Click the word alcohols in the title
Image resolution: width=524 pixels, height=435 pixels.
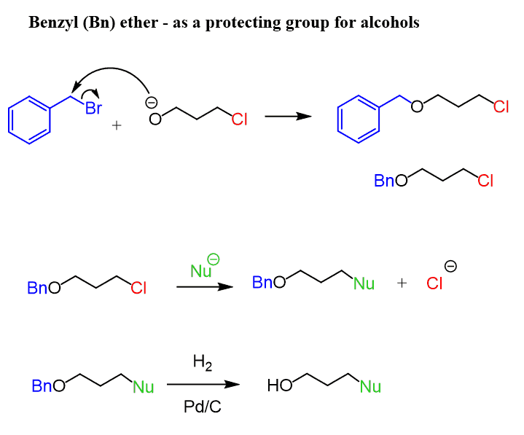391,23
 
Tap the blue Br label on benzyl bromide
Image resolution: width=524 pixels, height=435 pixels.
93,109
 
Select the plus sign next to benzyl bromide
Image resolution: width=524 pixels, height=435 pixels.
117,125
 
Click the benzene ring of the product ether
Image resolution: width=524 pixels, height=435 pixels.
360,119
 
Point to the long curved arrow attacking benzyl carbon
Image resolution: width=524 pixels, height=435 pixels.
109,71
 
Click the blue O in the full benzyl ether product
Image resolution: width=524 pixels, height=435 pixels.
416,108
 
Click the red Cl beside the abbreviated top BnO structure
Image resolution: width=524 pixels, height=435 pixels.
485,181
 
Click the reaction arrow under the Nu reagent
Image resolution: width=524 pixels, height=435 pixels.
205,287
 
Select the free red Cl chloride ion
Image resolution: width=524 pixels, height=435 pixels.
434,283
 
